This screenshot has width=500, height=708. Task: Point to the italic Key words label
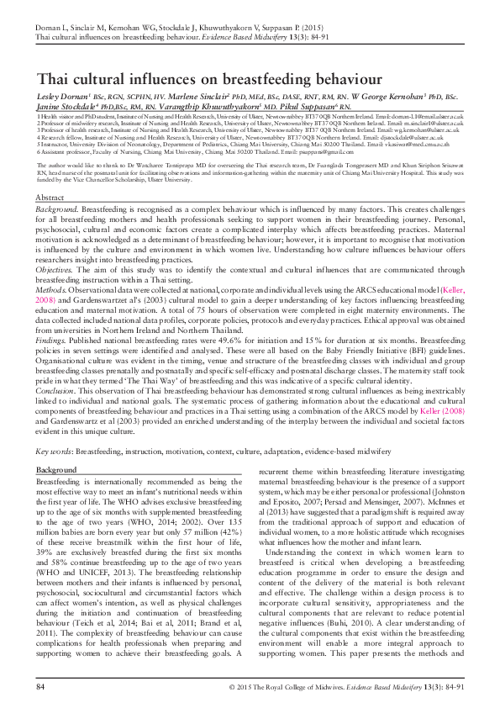[55, 452]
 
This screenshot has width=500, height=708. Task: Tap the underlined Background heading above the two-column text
[56, 468]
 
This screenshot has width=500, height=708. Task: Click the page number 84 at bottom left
[40, 687]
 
